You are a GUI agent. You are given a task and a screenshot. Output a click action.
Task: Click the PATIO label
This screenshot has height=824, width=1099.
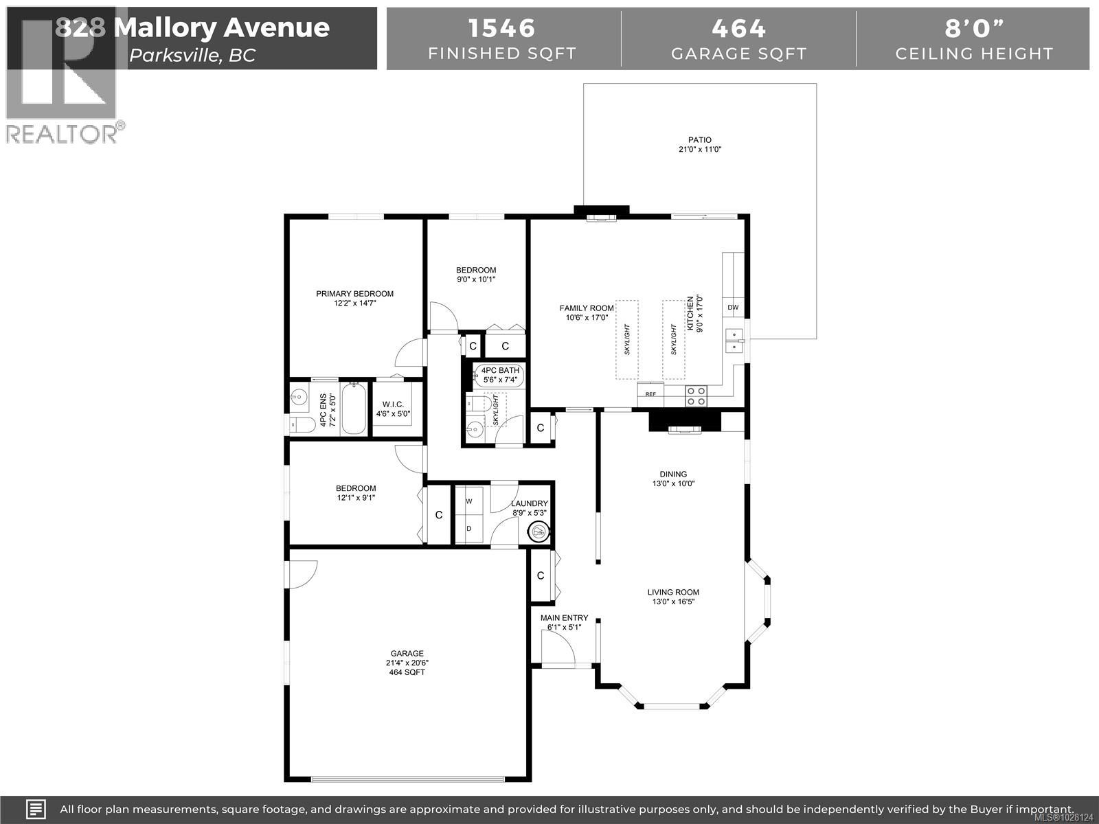click(700, 140)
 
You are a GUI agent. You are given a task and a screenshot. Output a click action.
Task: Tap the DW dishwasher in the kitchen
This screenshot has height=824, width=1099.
click(733, 308)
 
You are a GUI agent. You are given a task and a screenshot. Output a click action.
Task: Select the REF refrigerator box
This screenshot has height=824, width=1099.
click(650, 394)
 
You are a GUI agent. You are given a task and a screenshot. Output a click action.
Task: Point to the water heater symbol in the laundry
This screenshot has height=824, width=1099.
click(539, 531)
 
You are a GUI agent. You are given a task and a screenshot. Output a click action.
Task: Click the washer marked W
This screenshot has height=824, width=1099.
click(469, 501)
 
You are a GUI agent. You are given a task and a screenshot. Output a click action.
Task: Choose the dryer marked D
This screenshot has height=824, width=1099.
click(469, 529)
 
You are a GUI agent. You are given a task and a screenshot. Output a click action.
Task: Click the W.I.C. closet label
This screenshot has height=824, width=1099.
click(392, 404)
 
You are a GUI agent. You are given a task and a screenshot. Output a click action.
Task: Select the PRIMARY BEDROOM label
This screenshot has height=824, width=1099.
click(354, 294)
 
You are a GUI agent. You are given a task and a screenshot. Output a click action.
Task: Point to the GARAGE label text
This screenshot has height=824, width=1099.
click(407, 654)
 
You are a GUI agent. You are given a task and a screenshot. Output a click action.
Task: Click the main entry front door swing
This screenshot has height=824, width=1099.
click(557, 648)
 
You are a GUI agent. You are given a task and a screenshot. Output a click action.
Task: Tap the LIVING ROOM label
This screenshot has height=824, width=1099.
click(672, 592)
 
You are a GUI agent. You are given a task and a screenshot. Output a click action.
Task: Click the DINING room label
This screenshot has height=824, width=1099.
click(673, 474)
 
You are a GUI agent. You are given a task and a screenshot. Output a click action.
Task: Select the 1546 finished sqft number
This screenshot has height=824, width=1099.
click(501, 28)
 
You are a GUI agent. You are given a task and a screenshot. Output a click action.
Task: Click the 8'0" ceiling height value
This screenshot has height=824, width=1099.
click(973, 28)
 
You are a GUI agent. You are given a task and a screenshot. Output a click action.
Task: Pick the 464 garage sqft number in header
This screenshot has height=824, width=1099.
click(738, 28)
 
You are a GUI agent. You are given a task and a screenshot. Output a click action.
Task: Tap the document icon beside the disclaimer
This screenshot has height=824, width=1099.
click(36, 808)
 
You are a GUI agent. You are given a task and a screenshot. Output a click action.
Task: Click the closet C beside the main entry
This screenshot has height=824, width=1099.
click(541, 575)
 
